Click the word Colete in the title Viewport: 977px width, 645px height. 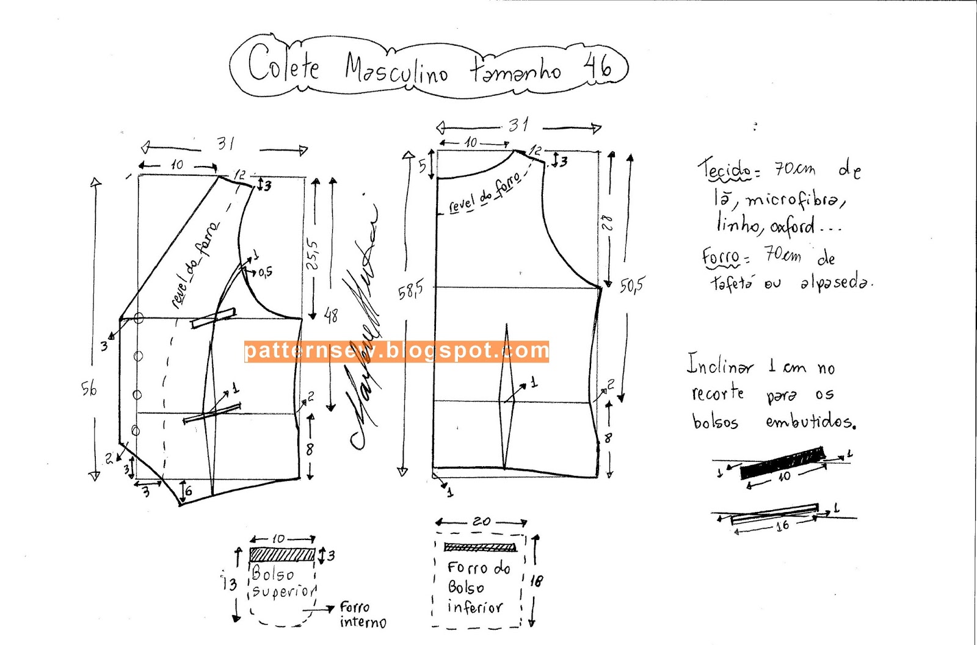coord(283,64)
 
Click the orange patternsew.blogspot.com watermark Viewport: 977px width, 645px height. coord(396,351)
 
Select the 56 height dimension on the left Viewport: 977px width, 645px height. coord(89,388)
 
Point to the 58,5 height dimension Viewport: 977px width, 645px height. coord(410,292)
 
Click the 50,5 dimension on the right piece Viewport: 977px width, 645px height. coord(632,285)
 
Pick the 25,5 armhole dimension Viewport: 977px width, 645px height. coord(312,254)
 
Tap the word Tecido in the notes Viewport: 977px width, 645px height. coord(725,170)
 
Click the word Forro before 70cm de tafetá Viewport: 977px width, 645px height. coord(721,257)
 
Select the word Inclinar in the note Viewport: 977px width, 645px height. coord(721,365)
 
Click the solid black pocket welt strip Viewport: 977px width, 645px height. coord(782,463)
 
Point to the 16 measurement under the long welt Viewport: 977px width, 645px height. coord(782,525)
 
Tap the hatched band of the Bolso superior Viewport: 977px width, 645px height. coord(282,555)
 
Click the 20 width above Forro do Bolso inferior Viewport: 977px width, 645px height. coord(481,522)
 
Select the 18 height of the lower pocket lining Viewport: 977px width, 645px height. coord(536,581)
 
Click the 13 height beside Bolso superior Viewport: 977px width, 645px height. coord(229,584)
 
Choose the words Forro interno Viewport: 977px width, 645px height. coord(363,615)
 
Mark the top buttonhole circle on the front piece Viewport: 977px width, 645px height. coord(139,318)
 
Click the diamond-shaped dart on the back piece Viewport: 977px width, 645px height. coord(506,397)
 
